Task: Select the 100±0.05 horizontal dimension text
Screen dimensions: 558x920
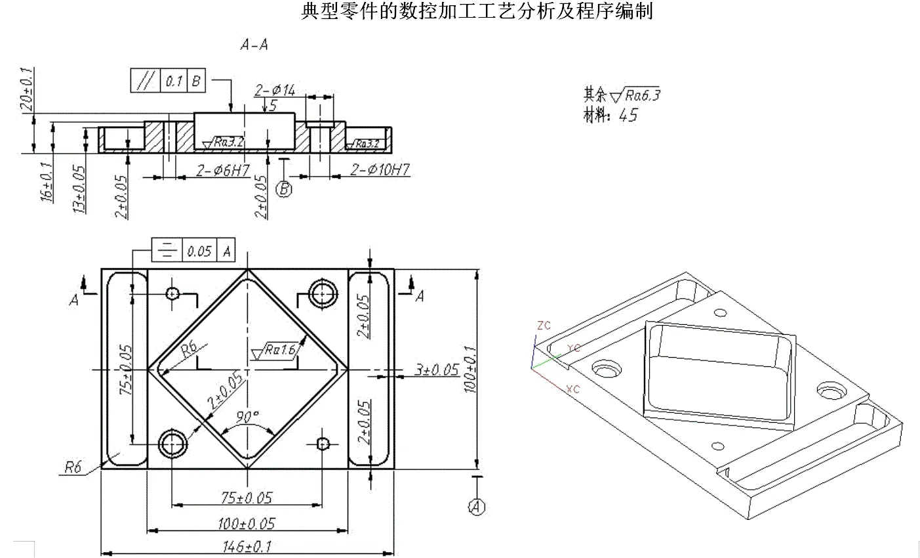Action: point(247,523)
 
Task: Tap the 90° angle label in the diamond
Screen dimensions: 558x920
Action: point(248,417)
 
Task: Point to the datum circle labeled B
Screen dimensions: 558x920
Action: point(284,189)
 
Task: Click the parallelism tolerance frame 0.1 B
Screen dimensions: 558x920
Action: point(169,81)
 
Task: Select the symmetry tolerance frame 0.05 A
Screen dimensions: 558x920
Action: point(193,250)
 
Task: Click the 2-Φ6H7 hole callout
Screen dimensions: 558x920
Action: point(223,171)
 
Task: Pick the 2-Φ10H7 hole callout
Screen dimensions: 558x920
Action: point(380,170)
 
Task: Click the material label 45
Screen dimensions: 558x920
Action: point(628,116)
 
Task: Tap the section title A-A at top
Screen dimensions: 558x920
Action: point(254,45)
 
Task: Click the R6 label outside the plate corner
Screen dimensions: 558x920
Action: point(73,467)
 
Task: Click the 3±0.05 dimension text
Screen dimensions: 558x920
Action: point(437,370)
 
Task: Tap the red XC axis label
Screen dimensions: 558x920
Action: point(573,389)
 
